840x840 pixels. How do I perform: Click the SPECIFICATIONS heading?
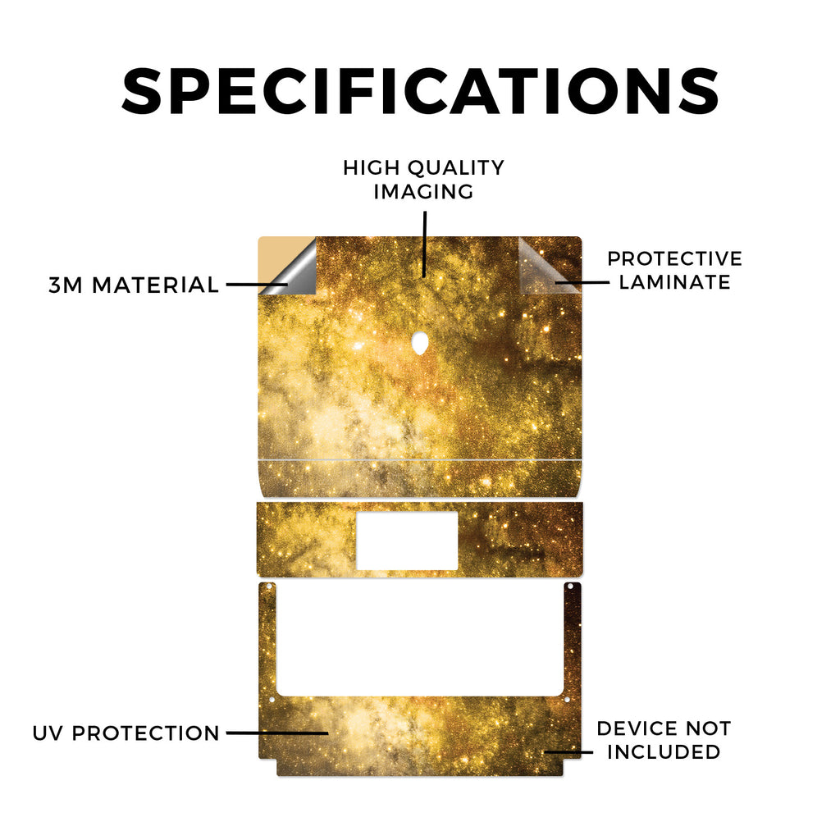pos(421,91)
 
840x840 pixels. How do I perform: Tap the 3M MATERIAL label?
pos(134,285)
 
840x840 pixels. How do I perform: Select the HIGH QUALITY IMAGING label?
pos(424,180)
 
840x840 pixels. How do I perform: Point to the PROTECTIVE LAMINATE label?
pos(674,270)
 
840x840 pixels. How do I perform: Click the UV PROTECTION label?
pos(126,733)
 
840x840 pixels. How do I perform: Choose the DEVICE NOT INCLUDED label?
pos(664,740)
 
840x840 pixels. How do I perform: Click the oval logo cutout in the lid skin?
pos(421,344)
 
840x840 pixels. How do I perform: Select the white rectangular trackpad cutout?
pos(407,541)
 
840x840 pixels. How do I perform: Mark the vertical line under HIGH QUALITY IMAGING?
pos(425,244)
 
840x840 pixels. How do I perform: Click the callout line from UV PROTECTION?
pos(277,733)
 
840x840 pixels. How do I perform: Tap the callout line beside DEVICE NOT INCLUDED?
pos(568,752)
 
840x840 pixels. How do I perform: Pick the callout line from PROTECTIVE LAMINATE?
pos(582,282)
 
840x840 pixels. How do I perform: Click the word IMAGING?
pos(424,191)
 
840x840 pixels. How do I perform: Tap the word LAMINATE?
pos(674,282)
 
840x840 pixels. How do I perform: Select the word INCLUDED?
pos(664,751)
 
